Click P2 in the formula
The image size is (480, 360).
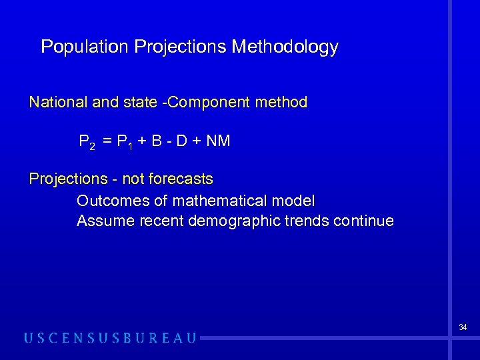[x=87, y=142]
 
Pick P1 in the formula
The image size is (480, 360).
[x=125, y=142]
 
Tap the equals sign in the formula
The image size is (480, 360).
[x=107, y=141]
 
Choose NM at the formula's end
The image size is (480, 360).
[x=219, y=141]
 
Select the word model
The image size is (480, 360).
[x=296, y=201]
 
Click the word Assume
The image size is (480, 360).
[x=106, y=221]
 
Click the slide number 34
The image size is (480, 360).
[x=463, y=327]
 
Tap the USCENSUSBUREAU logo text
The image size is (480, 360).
[x=111, y=338]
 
